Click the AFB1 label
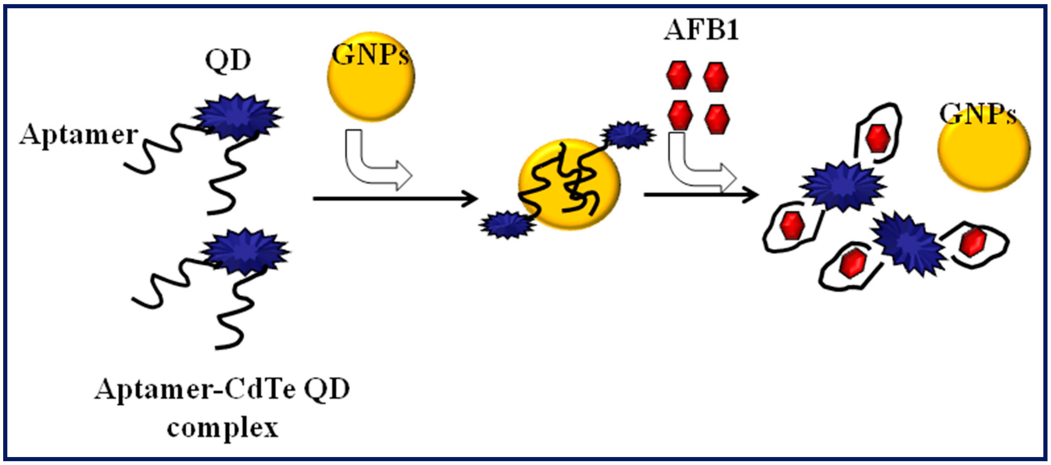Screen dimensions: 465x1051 tap(701, 30)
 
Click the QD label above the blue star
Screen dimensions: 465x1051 tap(228, 61)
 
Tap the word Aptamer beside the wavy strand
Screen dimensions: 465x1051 tap(79, 135)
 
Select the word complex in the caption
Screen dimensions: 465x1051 tap(222, 429)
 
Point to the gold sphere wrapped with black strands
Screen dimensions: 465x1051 tap(569, 184)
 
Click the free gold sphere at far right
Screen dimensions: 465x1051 tap(984, 149)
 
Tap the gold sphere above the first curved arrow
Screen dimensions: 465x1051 tap(371, 77)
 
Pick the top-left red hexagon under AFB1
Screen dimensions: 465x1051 tap(679, 75)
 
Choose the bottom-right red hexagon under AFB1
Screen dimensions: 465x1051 tap(717, 118)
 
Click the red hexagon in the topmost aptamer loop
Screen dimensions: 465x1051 tap(878, 139)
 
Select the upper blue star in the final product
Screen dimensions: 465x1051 tap(843, 186)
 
